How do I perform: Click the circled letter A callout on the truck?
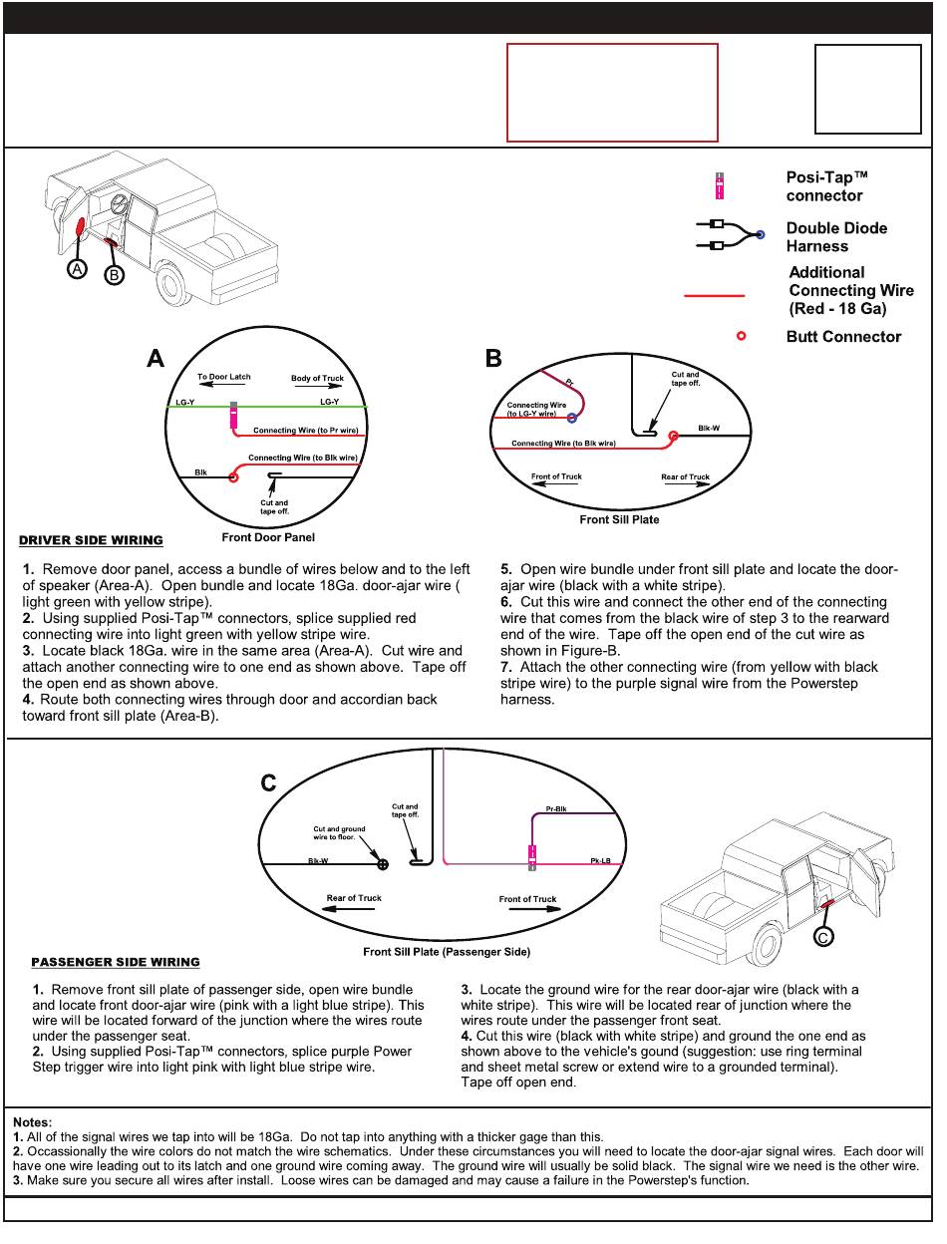click(x=77, y=269)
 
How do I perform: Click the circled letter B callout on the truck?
click(x=114, y=275)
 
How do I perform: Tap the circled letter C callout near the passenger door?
click(x=823, y=937)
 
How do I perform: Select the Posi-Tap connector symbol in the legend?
click(x=720, y=186)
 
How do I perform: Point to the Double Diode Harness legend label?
click(x=835, y=237)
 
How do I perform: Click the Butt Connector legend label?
click(x=843, y=337)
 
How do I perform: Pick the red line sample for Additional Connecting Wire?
click(x=714, y=296)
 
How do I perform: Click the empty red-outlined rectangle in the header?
click(x=612, y=93)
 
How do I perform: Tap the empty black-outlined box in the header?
click(x=867, y=90)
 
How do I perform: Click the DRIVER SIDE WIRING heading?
click(x=91, y=541)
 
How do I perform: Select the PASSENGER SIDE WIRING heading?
click(x=116, y=963)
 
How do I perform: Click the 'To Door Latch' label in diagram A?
click(x=224, y=378)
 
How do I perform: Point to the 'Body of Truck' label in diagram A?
click(x=317, y=379)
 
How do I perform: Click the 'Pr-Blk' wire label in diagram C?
click(x=556, y=808)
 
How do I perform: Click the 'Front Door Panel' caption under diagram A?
click(x=268, y=538)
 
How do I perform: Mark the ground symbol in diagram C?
click(x=383, y=864)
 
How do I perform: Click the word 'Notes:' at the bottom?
click(x=33, y=1123)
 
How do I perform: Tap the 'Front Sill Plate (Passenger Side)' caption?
click(x=447, y=952)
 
